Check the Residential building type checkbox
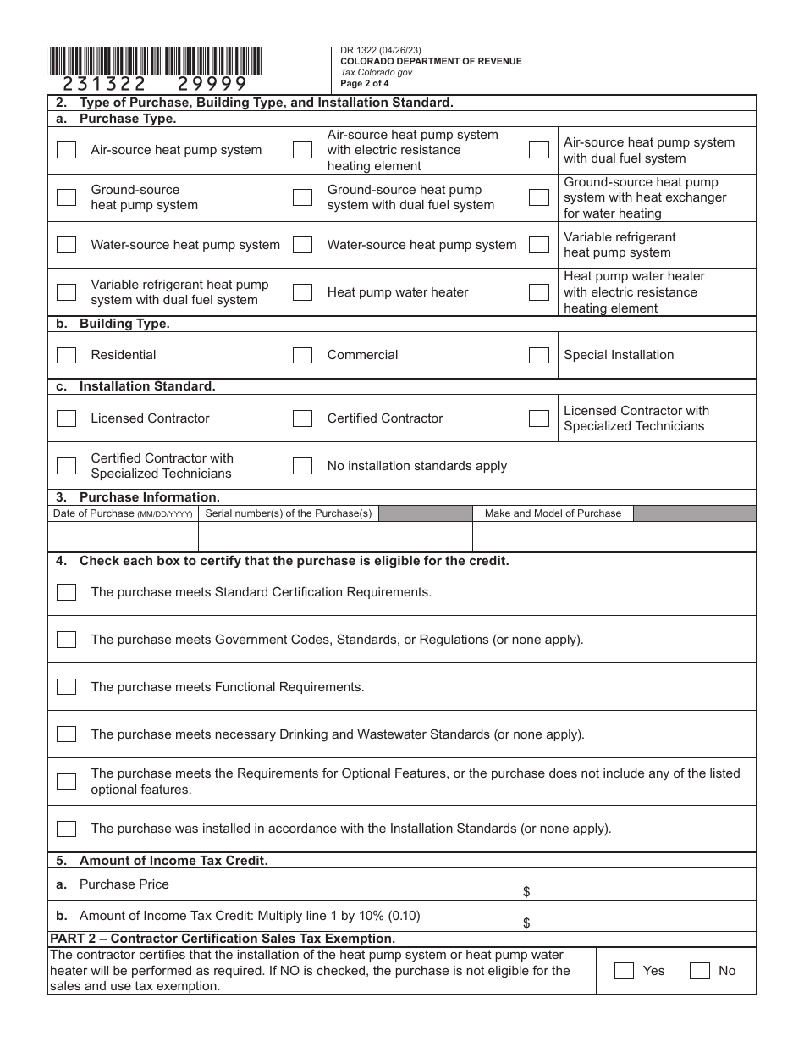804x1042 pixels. [x=66, y=355]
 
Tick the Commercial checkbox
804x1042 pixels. [x=302, y=355]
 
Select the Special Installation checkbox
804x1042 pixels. [x=539, y=355]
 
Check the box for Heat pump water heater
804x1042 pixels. [x=302, y=292]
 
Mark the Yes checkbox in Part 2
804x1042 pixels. [x=624, y=971]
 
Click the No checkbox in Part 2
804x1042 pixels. [x=699, y=971]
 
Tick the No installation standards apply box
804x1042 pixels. [x=302, y=466]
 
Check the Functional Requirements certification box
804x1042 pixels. [x=66, y=687]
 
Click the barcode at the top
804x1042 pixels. [x=154, y=61]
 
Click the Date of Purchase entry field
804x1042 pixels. [x=123, y=536]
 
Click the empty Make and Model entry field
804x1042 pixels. [x=614, y=536]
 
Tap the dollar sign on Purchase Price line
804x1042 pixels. [x=526, y=892]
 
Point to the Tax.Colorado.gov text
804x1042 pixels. [x=376, y=72]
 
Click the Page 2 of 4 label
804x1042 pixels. [x=365, y=83]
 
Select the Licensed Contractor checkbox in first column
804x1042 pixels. [x=66, y=418]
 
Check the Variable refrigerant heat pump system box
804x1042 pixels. [x=539, y=245]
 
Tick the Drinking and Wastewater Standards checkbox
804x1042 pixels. [x=66, y=734]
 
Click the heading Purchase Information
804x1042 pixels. [x=149, y=497]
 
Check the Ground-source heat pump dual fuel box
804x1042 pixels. [x=302, y=197]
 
